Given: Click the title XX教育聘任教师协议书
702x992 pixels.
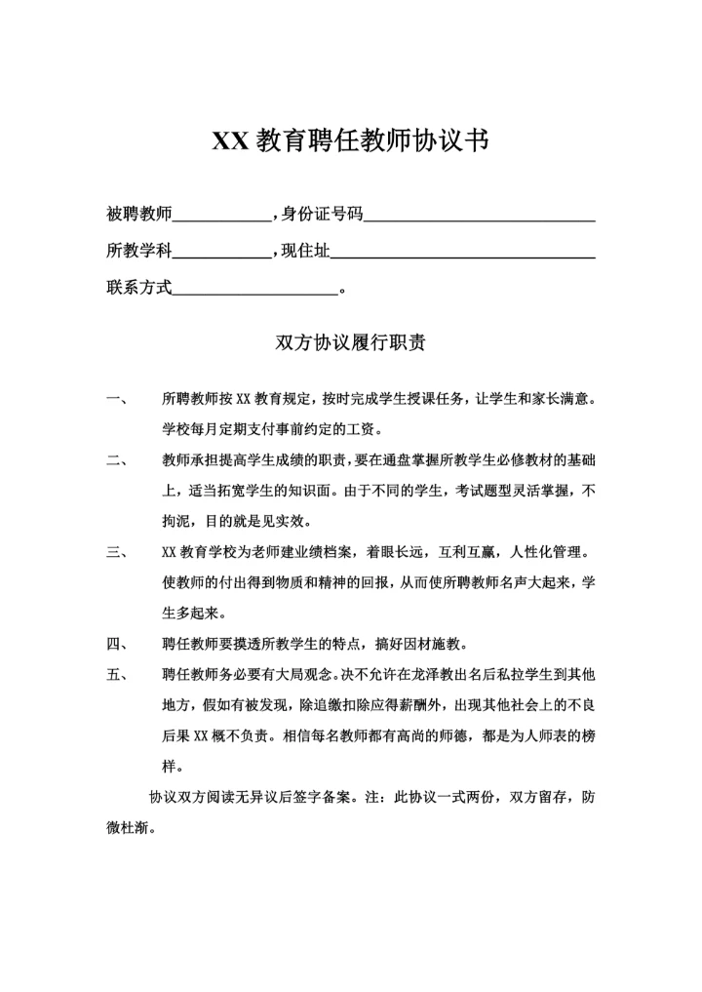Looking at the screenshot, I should [350, 141].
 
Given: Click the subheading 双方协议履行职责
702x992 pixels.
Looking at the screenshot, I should [350, 343].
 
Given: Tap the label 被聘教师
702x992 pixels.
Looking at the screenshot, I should [138, 214].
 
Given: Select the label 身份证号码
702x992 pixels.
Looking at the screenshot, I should [321, 214].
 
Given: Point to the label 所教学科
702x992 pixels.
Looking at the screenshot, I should [138, 251].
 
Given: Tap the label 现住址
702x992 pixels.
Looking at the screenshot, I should [304, 251].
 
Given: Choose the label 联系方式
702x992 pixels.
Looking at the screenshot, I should [138, 288].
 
